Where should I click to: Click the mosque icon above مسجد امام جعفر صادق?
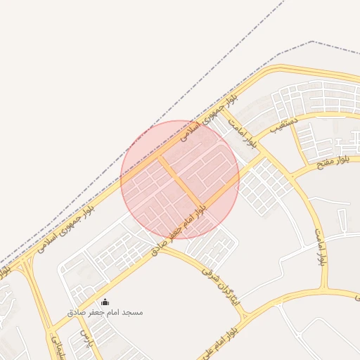point(105,302)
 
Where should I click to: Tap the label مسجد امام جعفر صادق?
point(105,311)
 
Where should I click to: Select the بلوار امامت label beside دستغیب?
point(248,136)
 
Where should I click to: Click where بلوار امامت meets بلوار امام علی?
point(325,290)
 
